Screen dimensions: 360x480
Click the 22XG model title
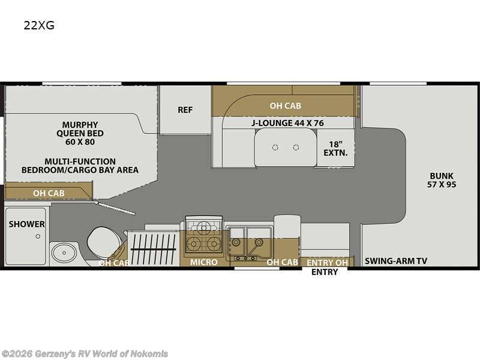tap(39, 26)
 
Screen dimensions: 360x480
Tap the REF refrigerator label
tap(185, 110)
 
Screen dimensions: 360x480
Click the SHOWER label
tap(26, 224)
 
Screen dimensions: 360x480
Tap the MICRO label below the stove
tap(204, 262)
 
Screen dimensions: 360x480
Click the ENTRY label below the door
tap(324, 272)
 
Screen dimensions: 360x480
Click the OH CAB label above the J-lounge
tap(285, 106)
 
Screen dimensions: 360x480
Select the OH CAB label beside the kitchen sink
tap(282, 262)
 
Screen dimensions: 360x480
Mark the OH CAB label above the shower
tap(49, 193)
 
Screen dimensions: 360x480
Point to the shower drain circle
tap(38, 236)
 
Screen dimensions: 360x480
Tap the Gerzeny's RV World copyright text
tap(85, 354)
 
